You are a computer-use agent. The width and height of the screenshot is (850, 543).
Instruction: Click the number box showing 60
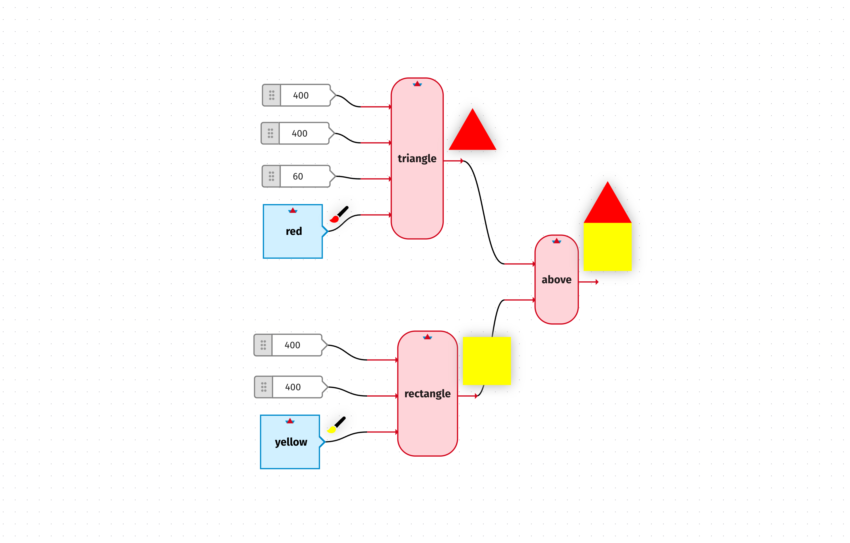click(x=304, y=176)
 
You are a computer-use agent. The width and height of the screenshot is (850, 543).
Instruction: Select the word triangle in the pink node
click(x=417, y=159)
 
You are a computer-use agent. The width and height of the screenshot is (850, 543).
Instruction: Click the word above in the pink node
click(x=556, y=280)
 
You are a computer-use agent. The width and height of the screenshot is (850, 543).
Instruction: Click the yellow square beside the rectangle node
click(x=486, y=361)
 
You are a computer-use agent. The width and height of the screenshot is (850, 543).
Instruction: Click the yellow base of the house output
click(x=607, y=247)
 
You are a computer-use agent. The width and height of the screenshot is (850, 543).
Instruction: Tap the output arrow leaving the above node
click(x=596, y=282)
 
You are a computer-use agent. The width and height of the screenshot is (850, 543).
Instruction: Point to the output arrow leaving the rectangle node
click(x=476, y=396)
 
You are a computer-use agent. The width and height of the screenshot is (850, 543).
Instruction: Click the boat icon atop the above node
click(x=556, y=241)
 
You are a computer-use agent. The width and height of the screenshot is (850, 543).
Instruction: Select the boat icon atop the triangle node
click(x=417, y=84)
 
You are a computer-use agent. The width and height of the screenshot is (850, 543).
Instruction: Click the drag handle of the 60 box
click(x=271, y=176)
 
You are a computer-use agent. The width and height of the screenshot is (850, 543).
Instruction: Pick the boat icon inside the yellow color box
click(x=290, y=421)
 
